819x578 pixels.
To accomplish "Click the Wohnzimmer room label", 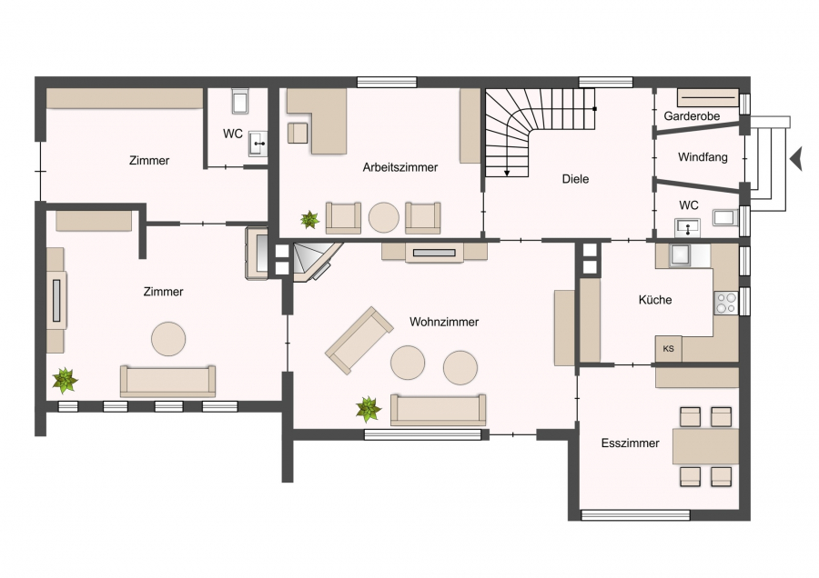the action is click(444, 322).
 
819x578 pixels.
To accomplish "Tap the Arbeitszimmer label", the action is click(400, 167).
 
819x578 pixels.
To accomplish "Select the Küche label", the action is click(655, 300).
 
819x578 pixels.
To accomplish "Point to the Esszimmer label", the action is click(630, 443).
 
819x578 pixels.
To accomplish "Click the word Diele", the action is click(575, 179).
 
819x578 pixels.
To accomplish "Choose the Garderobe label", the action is click(692, 115).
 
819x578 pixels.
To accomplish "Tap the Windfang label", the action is click(703, 157).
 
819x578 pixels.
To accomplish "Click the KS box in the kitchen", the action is click(669, 348).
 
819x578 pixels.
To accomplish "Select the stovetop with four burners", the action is click(726, 303).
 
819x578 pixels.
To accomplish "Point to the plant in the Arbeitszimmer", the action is click(309, 220).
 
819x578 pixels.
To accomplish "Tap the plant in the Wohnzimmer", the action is click(369, 409).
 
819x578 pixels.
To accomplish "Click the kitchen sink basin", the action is click(681, 255).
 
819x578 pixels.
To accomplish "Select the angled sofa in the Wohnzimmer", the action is click(359, 340).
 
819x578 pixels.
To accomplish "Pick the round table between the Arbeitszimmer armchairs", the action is click(384, 217).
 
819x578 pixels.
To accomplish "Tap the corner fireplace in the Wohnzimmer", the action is click(315, 262).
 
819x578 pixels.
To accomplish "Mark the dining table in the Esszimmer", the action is click(705, 446).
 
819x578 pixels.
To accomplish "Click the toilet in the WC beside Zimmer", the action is click(240, 101).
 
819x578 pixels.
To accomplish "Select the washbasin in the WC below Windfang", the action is click(687, 227).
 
